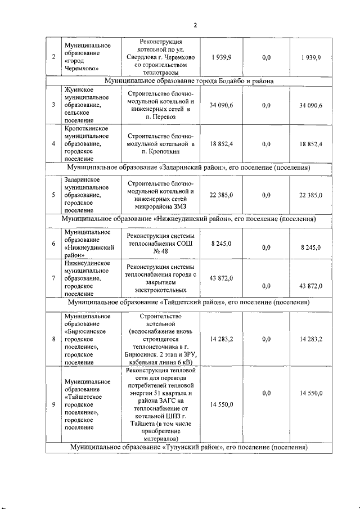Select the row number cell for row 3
point(53,105)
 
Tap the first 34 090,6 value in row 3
point(222,105)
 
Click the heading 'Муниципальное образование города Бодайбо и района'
point(188,82)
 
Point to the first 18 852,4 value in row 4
point(222,144)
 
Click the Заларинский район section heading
point(188,168)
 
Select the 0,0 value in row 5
point(266,195)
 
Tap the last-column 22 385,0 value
point(310,195)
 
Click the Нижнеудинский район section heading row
point(188,218)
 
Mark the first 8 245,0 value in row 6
point(222,243)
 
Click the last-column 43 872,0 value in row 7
point(310,286)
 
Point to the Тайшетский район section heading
point(188,302)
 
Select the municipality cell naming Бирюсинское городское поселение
point(87,339)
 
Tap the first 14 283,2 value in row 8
point(222,339)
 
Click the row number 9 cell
point(53,405)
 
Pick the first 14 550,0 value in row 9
point(222,405)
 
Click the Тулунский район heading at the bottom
point(188,448)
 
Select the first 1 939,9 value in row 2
point(222,57)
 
